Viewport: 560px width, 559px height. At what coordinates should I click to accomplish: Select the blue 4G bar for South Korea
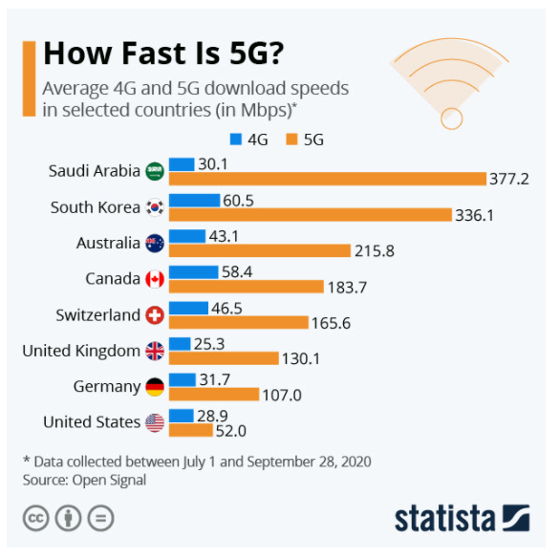coord(194,200)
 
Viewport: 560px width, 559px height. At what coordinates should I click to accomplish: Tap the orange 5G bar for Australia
coord(260,250)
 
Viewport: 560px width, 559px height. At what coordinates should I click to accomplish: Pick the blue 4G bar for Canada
coord(193,271)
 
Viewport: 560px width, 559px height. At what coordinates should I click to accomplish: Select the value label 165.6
coord(331,323)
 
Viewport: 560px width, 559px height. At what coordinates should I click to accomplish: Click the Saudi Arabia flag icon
coord(155,172)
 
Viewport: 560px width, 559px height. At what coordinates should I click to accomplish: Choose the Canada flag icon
coord(155,279)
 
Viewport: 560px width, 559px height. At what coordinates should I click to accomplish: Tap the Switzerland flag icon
coord(155,315)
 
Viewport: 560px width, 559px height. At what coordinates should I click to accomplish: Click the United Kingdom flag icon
coord(155,351)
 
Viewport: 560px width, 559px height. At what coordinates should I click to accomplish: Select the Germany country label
coord(106,387)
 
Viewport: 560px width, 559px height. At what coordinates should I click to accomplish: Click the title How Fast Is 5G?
coord(163,53)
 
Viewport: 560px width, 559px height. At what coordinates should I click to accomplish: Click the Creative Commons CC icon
coord(36,518)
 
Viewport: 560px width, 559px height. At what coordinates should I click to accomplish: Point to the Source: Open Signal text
coord(85,480)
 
